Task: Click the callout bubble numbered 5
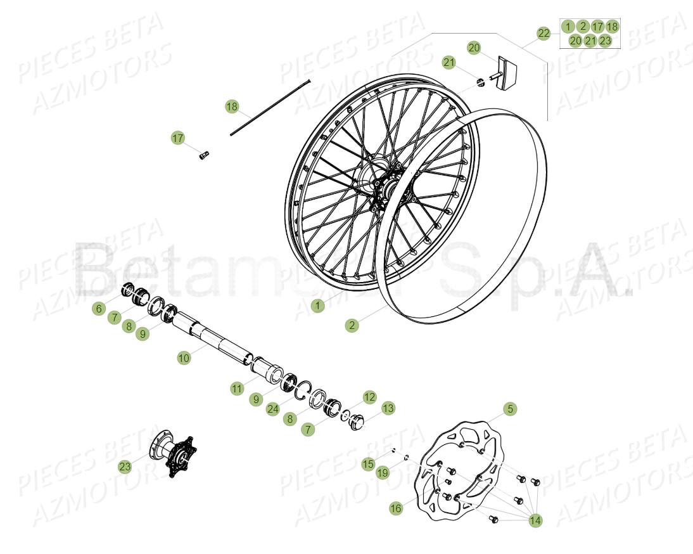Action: (x=511, y=409)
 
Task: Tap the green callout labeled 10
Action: (x=184, y=358)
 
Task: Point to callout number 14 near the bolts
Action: (x=535, y=520)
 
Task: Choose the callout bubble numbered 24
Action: (x=273, y=409)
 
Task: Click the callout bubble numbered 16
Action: (x=396, y=508)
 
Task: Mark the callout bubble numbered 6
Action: (x=98, y=309)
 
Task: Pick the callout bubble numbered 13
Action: (x=388, y=408)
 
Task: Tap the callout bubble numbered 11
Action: (x=237, y=389)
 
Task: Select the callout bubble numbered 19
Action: (x=383, y=472)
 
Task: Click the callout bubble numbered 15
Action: (x=369, y=464)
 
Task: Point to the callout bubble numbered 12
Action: (x=370, y=397)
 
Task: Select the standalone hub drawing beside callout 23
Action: (x=173, y=453)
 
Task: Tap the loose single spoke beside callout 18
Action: (x=271, y=106)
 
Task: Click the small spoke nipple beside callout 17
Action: (x=204, y=155)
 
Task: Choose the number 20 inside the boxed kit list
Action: (x=575, y=41)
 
